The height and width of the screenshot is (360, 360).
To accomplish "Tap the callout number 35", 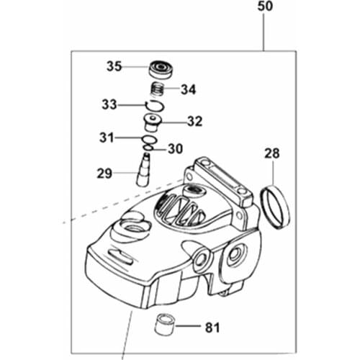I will (114, 66).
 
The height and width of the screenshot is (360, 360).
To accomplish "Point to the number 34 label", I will (188, 90).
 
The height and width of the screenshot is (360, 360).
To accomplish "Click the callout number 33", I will (109, 105).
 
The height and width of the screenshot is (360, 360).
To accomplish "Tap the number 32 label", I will (194, 122).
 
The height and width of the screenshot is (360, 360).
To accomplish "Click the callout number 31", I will (107, 137).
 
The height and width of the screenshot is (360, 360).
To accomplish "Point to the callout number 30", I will (175, 149).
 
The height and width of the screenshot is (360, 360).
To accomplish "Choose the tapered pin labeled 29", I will (147, 171).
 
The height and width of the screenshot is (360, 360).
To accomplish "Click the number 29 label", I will (105, 173).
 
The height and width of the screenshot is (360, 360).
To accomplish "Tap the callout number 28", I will (272, 154).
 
